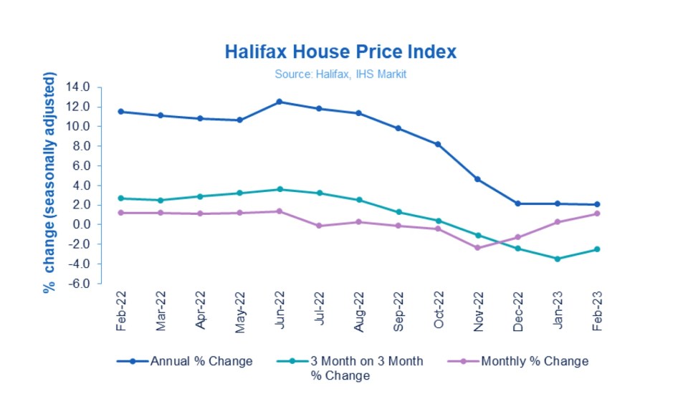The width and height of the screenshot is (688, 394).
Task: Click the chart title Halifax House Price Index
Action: coord(340,52)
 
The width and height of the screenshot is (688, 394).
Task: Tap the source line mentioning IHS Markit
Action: coord(340,74)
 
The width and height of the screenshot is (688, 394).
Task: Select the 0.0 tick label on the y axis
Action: coord(79,225)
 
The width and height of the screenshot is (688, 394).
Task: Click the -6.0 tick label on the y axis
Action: coord(77,284)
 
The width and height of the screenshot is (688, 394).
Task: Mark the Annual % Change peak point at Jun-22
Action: coord(279,102)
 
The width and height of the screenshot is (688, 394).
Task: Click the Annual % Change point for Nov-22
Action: coord(477,179)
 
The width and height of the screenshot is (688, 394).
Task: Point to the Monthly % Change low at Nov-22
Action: coord(477,248)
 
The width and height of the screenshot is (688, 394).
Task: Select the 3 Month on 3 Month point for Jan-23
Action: coord(556,259)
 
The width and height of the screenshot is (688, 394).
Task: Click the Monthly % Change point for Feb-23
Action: coord(596,213)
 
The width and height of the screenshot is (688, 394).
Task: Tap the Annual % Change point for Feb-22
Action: coord(120,112)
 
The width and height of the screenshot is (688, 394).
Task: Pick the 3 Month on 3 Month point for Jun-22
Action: coord(279,189)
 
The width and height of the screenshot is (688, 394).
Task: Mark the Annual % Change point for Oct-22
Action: coord(437,144)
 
